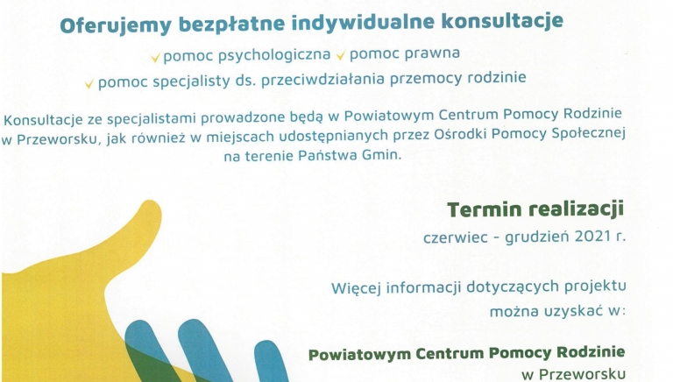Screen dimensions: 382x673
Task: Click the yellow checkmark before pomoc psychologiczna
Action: pyautogui.click(x=155, y=58)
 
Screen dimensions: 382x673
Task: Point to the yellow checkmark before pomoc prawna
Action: pyautogui.click(x=340, y=58)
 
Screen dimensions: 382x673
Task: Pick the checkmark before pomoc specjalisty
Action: pyautogui.click(x=89, y=83)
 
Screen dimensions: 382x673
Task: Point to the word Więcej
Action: pyautogui.click(x=358, y=286)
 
